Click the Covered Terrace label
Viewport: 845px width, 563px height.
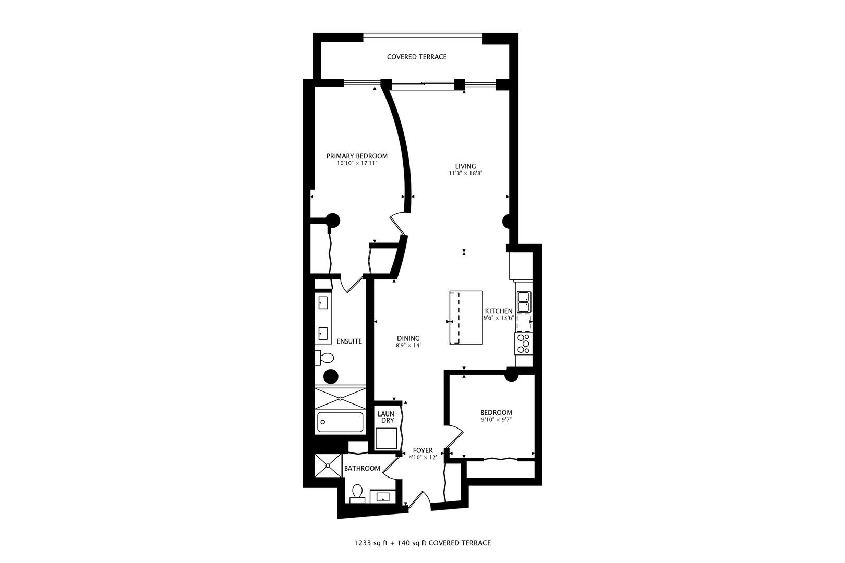coord(416,57)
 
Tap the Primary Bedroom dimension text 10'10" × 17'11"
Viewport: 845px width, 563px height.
coord(357,163)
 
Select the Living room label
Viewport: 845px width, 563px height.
coord(465,166)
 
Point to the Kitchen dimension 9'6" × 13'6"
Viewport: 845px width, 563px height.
coord(499,318)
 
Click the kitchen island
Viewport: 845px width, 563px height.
coord(466,317)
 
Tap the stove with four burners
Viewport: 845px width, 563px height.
coord(523,343)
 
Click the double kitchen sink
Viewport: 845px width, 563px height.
coord(524,302)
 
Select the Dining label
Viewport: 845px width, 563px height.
coord(408,338)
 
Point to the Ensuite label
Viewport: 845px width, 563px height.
coord(349,341)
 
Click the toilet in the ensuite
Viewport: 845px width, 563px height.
coord(324,358)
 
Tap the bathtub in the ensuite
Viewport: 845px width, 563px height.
coord(340,422)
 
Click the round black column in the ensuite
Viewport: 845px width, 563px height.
coord(331,376)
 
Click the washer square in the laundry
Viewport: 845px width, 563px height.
coord(387,438)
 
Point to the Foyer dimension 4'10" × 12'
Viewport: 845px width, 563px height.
coord(422,457)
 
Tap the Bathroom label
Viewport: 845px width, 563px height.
coord(362,468)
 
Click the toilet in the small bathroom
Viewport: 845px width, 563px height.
coord(357,493)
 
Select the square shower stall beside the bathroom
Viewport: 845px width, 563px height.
coord(328,466)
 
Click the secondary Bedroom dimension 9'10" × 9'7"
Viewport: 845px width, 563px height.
coord(496,419)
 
